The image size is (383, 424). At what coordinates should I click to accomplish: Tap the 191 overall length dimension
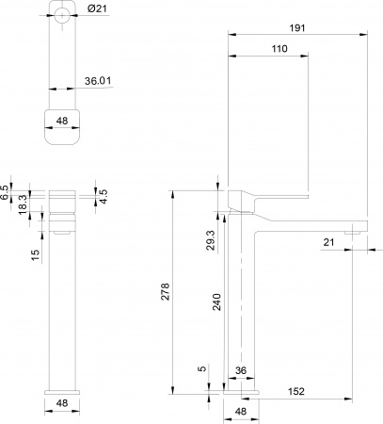coord(297,29)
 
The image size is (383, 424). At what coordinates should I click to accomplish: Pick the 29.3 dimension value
coord(211,240)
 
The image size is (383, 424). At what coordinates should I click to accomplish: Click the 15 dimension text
coord(36,254)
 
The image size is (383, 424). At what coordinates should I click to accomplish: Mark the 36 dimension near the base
coord(240,372)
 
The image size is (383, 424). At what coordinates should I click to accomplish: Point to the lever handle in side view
coord(273,196)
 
